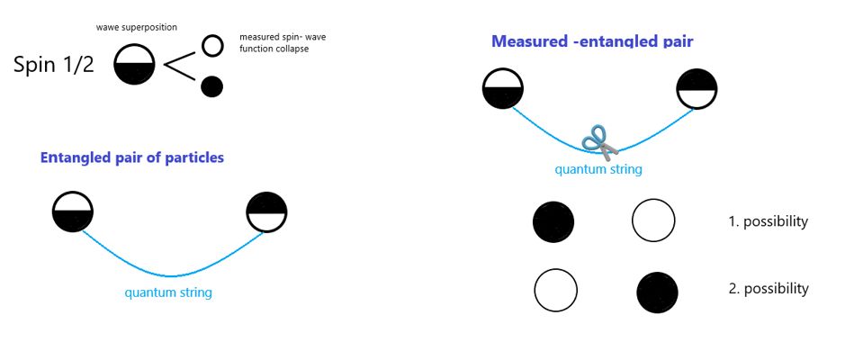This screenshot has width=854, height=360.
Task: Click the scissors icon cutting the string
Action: [599, 142]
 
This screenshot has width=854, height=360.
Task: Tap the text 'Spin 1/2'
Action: [54, 65]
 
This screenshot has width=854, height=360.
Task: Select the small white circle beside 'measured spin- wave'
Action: [212, 45]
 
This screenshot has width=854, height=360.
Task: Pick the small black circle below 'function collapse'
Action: [212, 86]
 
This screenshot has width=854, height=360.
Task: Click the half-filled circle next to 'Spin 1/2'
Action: [134, 65]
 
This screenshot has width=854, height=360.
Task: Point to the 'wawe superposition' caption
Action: [137, 28]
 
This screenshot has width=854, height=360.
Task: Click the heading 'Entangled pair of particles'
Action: [131, 157]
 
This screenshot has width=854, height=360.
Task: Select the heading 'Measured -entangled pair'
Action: [592, 41]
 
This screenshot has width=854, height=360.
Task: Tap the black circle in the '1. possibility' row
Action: [553, 221]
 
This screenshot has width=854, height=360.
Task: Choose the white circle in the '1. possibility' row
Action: [653, 221]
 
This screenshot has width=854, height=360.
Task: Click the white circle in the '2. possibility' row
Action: [555, 291]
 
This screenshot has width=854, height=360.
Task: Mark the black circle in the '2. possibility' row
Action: [657, 292]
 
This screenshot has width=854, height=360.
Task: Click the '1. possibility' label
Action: [768, 221]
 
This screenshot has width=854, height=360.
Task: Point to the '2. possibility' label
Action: [768, 289]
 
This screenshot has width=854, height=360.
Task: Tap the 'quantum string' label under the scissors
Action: [598, 169]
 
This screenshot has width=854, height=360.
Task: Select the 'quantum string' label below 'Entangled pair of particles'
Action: [168, 292]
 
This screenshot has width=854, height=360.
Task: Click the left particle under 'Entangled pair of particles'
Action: [72, 212]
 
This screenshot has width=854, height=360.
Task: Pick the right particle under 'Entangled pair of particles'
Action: [266, 212]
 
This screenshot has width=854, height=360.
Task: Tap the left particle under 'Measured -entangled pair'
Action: [503, 89]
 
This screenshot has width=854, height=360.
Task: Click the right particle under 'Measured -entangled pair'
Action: [697, 89]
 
